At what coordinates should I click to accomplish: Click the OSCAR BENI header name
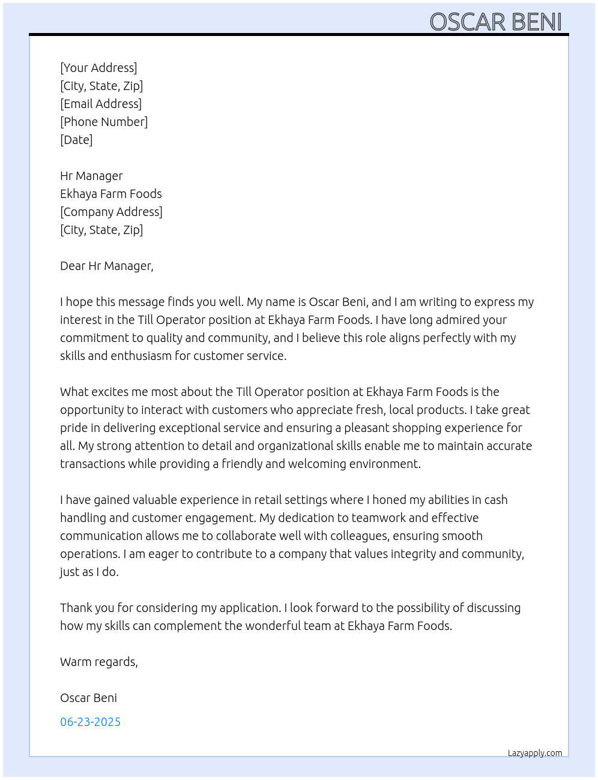495,22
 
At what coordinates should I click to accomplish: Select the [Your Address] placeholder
98,68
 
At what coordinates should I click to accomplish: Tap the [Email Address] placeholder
101,104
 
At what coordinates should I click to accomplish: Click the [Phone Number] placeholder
104,122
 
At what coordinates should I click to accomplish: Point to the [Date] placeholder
76,140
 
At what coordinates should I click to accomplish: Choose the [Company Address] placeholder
111,212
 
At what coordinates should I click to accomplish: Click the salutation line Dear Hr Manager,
107,266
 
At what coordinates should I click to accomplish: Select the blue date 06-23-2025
90,722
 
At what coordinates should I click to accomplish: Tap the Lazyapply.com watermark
535,753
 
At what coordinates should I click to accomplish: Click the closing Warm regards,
99,662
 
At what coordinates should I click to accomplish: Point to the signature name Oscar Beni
88,698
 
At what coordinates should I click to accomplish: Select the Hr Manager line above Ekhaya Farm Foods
91,176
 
